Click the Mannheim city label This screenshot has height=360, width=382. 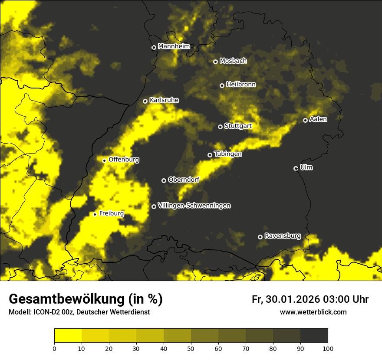174,46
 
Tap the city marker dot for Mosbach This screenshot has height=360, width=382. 215,62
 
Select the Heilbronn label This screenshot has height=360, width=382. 241,85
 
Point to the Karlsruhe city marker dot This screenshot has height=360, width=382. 145,101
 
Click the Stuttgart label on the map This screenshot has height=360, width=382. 238,126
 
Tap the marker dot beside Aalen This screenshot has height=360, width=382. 305,120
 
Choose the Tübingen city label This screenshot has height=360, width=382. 228,154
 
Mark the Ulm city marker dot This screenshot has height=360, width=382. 296,168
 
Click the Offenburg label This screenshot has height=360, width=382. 124,160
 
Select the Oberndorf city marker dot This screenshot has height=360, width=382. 164,180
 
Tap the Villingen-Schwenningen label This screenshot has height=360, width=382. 194,206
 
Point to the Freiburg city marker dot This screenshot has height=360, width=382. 95,214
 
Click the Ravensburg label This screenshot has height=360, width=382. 283,236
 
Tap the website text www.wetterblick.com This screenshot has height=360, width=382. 313,312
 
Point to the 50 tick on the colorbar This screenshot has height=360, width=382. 191,348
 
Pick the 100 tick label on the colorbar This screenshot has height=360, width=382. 328,348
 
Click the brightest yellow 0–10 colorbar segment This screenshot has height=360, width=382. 68,336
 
